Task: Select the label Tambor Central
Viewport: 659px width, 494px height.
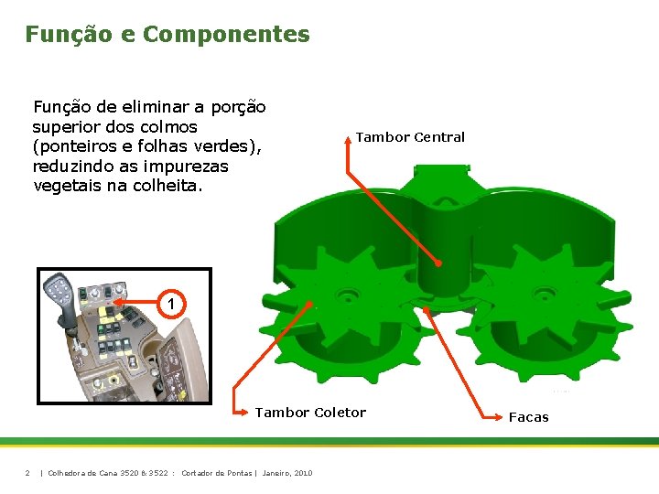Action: [x=410, y=137]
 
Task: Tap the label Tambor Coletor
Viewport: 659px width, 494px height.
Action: [x=310, y=413]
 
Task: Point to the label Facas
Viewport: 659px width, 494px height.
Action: [x=529, y=417]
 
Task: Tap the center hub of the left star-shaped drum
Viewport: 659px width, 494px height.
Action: [x=348, y=295]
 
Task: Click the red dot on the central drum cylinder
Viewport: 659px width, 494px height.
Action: [x=438, y=263]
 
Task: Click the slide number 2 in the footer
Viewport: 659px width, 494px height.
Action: [x=27, y=473]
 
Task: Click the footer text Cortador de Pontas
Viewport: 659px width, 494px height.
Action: [x=216, y=473]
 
